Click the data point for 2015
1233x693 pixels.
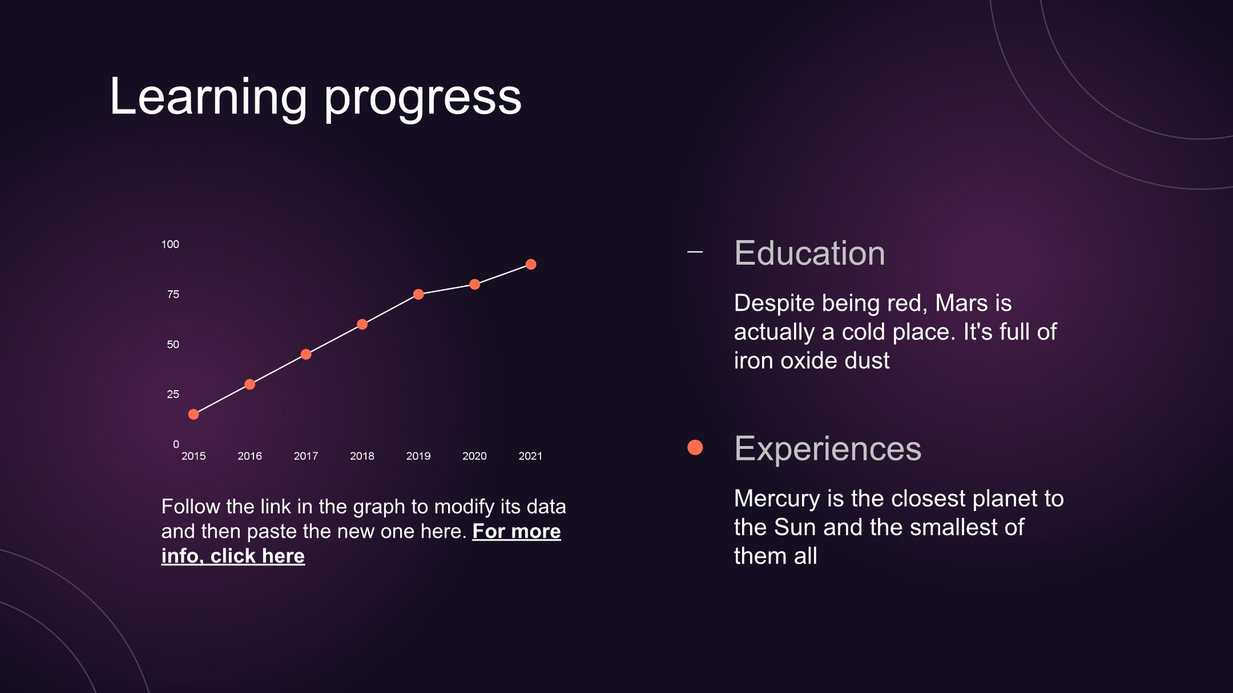[x=194, y=414]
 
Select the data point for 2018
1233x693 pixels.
[x=362, y=325]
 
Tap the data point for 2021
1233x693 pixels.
[x=531, y=264]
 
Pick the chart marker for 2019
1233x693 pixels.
[x=418, y=294]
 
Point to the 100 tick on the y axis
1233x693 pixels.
[x=170, y=244]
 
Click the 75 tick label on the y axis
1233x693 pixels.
[x=173, y=294]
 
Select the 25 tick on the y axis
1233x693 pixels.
[x=173, y=394]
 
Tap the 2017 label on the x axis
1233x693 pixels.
[x=306, y=456]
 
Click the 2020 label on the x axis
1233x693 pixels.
[x=474, y=456]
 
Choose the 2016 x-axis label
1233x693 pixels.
[x=249, y=456]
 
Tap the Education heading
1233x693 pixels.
[x=809, y=253]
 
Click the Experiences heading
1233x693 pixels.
[x=828, y=449]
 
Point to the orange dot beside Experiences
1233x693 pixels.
[x=695, y=448]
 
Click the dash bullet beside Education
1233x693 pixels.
[x=695, y=252]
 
